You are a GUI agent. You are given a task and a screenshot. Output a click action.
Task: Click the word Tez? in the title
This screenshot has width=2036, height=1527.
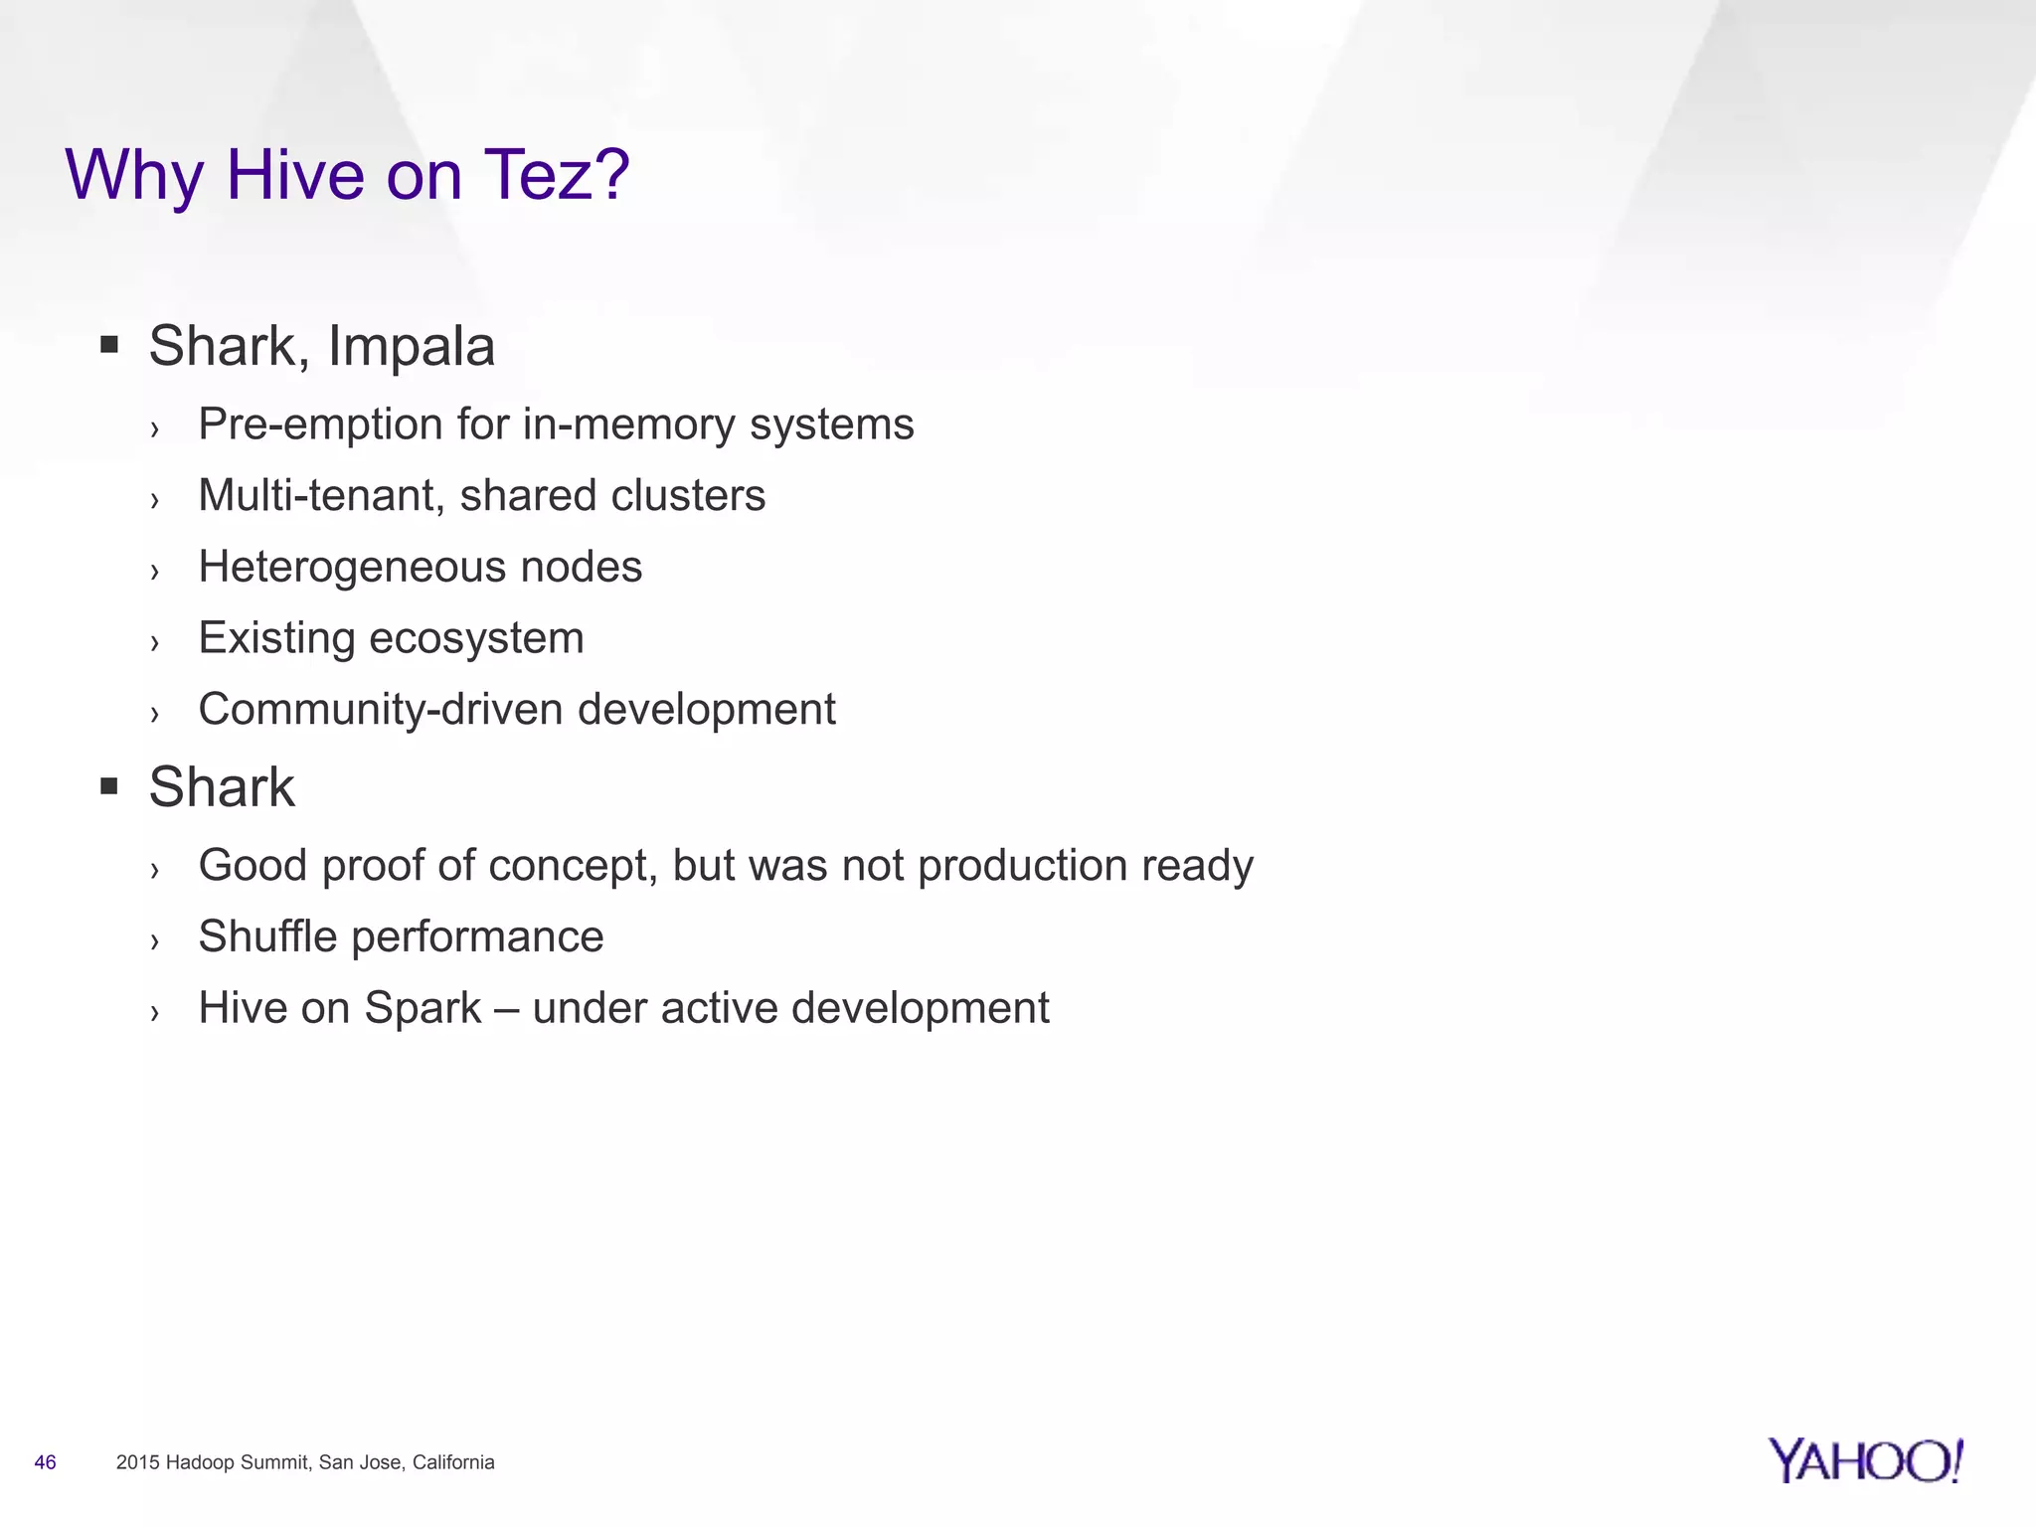point(557,176)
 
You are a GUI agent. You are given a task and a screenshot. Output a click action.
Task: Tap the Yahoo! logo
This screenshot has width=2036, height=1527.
point(1865,1461)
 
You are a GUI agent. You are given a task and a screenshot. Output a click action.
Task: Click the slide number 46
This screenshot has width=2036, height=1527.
point(45,1462)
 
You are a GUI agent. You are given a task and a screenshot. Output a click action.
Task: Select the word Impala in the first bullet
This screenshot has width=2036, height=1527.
point(411,347)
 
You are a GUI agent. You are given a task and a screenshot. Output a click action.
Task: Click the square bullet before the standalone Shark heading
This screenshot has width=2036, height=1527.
point(109,787)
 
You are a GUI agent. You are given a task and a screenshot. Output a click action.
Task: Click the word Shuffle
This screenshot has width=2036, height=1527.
point(267,936)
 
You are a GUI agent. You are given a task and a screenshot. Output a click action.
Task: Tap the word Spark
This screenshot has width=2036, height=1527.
point(423,1009)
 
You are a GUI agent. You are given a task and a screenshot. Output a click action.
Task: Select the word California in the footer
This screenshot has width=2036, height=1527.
point(453,1462)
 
